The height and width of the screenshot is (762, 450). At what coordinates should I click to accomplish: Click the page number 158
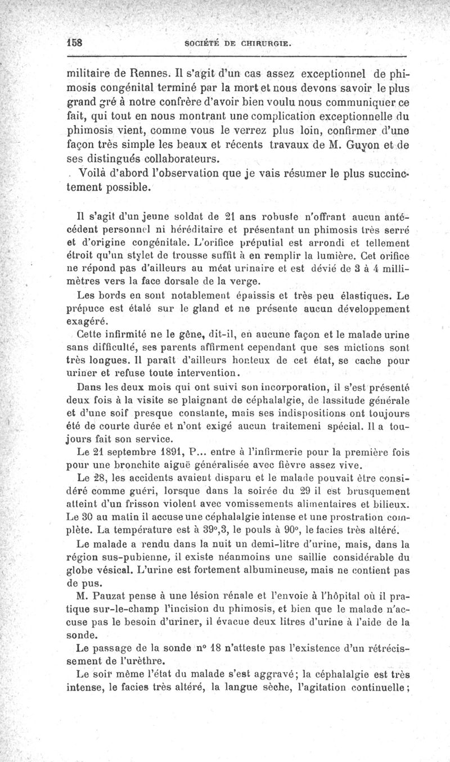(x=75, y=43)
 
